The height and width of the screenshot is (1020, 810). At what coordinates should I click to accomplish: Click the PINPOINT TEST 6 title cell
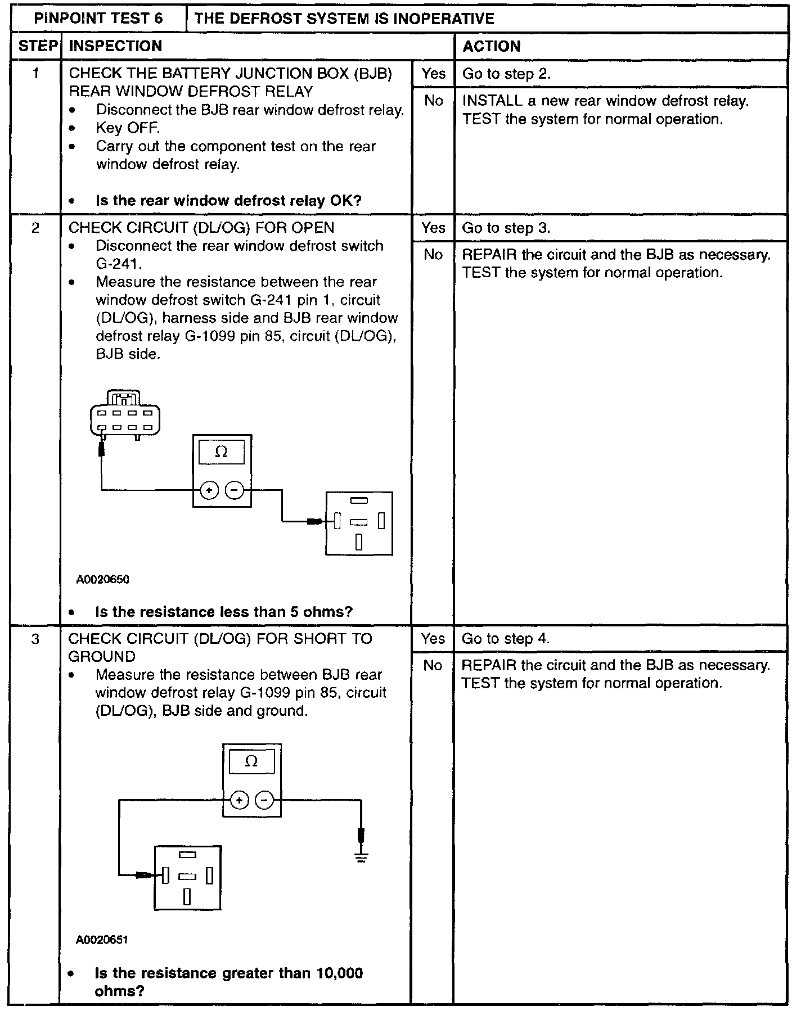[x=98, y=19]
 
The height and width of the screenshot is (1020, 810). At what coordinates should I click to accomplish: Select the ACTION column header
[x=491, y=46]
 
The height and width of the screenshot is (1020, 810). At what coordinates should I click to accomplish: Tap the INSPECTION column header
[x=115, y=46]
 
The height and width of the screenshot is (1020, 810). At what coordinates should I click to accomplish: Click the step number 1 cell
[x=35, y=74]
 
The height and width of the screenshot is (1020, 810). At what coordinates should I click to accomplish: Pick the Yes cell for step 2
[x=433, y=228]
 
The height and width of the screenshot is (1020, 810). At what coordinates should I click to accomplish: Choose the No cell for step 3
[x=433, y=665]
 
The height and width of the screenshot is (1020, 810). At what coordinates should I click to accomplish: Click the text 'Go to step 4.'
[x=506, y=638]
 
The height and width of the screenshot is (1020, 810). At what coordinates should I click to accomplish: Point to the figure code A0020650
[x=103, y=579]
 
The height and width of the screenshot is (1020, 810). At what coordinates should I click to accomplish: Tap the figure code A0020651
[x=102, y=940]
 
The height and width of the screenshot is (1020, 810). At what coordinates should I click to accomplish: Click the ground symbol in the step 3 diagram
[x=361, y=857]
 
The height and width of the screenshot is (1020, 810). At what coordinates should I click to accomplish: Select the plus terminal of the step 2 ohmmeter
[x=209, y=491]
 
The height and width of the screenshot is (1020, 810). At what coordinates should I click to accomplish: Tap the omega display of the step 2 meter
[x=222, y=452]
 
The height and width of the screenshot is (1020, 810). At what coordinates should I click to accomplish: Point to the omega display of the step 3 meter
[x=251, y=761]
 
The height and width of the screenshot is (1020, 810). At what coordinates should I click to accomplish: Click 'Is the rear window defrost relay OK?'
[x=228, y=201]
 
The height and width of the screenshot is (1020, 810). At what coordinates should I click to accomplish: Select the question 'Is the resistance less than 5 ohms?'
[x=224, y=612]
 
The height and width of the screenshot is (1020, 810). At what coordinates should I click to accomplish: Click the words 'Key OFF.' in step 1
[x=128, y=128]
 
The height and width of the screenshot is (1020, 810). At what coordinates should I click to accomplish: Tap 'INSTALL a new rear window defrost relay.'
[x=605, y=101]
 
